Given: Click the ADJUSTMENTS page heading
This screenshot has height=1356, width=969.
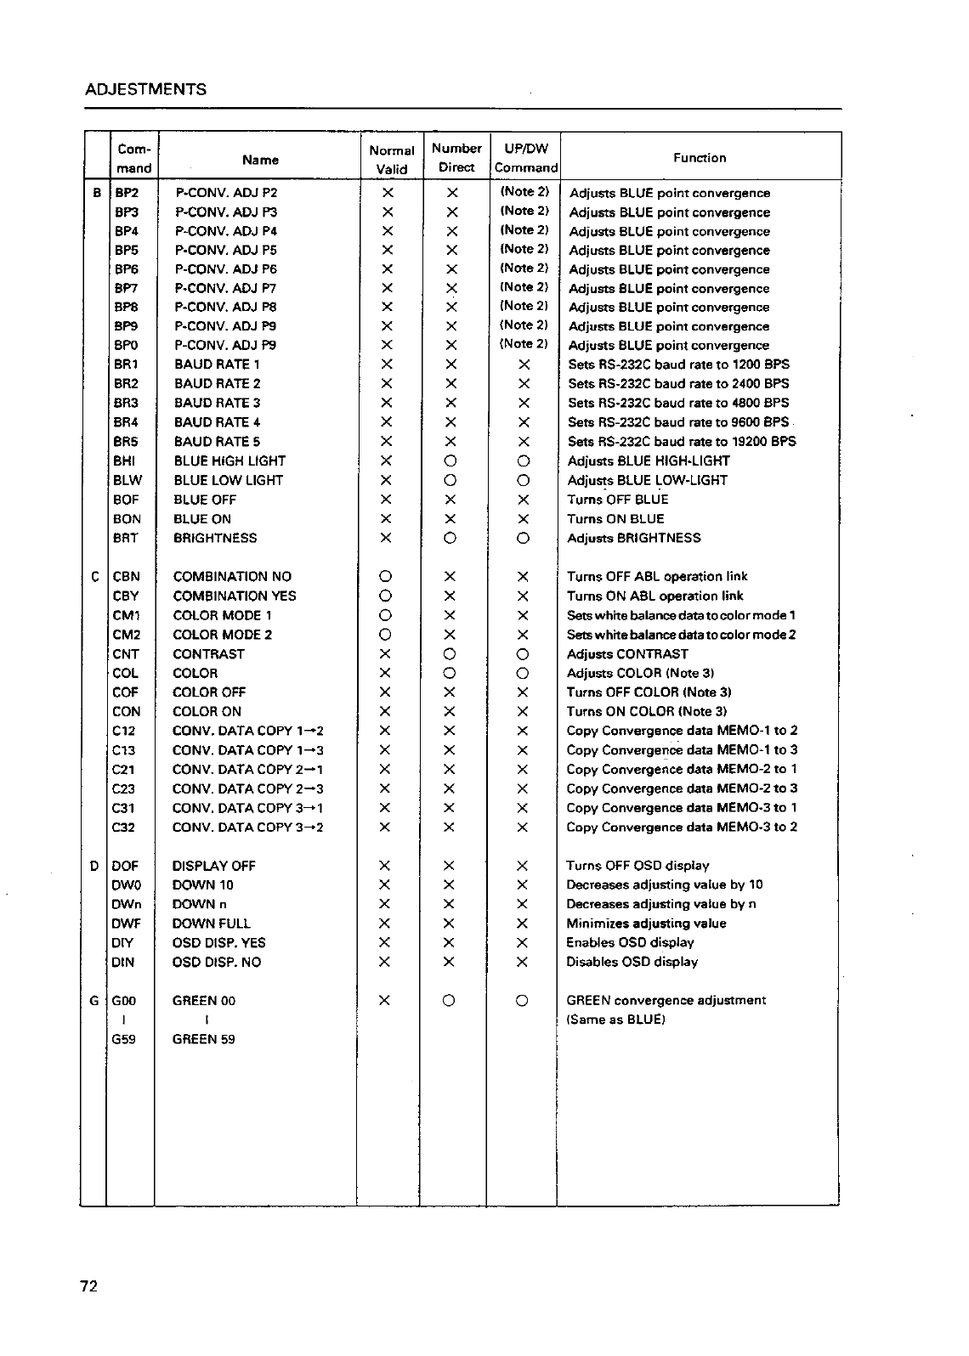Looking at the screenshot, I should [x=146, y=89].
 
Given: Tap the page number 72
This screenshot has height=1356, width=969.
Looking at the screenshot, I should [x=89, y=1286].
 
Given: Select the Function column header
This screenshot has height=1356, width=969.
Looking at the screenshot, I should [x=700, y=158].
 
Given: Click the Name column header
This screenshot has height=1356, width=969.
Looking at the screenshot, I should [x=260, y=160].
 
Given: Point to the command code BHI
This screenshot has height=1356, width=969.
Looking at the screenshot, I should [x=125, y=460].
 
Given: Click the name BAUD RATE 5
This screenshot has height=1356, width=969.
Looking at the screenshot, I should [x=217, y=441].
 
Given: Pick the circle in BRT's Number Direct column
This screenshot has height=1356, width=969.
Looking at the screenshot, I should [x=451, y=538].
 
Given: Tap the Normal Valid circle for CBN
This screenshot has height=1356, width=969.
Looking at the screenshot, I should [x=385, y=577].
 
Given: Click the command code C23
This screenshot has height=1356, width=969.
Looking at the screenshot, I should [x=124, y=788].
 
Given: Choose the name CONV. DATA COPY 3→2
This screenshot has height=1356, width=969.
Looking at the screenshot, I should [x=247, y=827].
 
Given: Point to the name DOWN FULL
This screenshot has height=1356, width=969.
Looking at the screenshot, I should [x=211, y=924].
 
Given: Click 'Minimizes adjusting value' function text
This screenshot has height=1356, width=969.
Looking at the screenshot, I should [x=646, y=924].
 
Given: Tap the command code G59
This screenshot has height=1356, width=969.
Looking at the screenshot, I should [x=124, y=1039].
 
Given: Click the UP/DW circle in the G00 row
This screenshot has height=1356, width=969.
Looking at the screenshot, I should [x=523, y=1001].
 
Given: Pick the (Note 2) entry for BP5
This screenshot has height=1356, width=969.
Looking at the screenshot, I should [x=524, y=249].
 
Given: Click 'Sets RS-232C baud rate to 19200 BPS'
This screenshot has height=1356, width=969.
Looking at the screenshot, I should [x=682, y=441].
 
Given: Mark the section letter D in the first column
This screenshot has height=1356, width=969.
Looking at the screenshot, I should [x=94, y=866].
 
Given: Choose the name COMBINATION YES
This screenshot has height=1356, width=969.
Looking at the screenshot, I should [x=235, y=596].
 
